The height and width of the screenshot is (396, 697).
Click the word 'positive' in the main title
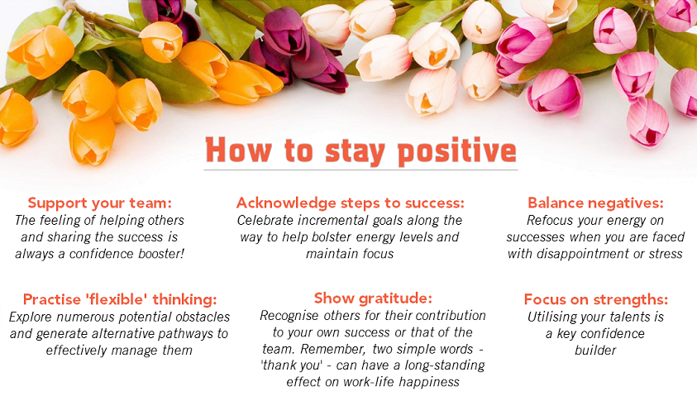(457, 151)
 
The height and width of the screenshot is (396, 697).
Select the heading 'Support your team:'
(99, 203)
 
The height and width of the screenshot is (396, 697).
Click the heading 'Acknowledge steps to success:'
(351, 203)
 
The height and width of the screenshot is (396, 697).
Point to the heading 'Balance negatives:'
(595, 203)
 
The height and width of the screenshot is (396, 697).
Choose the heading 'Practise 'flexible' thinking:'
(120, 299)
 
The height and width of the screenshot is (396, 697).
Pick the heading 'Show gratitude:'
(373, 298)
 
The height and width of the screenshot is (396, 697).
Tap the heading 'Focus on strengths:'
(595, 299)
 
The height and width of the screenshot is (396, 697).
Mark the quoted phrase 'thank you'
(291, 365)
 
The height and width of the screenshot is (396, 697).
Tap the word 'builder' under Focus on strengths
(595, 351)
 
